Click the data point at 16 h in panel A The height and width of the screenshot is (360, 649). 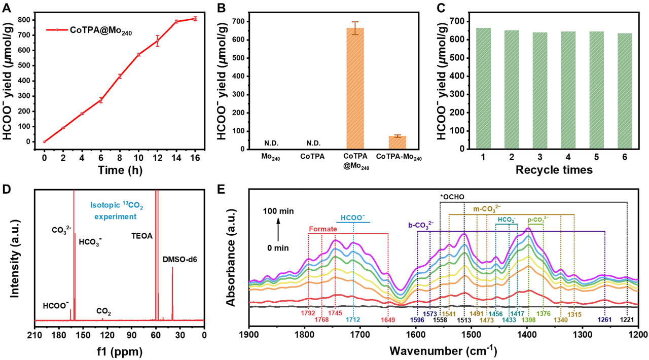(x=195, y=19)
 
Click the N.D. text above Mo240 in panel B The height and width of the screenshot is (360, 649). (x=271, y=143)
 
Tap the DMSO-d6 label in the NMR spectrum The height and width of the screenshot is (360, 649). (x=179, y=260)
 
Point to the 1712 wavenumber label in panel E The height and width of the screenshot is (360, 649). (x=353, y=320)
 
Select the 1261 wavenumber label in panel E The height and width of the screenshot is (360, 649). (x=605, y=320)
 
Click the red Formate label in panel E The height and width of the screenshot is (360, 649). (x=323, y=229)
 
